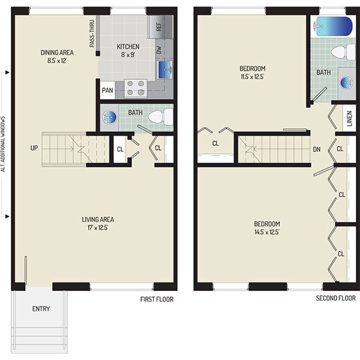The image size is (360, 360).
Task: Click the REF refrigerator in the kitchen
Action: (160, 26)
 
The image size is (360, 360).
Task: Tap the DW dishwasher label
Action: (160, 50)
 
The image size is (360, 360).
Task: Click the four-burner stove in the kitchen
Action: (136, 88)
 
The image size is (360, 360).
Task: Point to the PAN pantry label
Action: (107, 91)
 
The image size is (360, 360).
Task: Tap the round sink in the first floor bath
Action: (109, 118)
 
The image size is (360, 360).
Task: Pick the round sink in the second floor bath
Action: (346, 82)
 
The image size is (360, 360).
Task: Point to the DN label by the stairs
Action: (316, 150)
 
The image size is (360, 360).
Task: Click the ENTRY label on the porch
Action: (41, 309)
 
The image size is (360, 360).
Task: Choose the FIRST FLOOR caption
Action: (156, 298)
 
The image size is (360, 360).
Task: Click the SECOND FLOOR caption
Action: (336, 298)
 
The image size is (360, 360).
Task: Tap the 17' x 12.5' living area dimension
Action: (98, 227)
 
